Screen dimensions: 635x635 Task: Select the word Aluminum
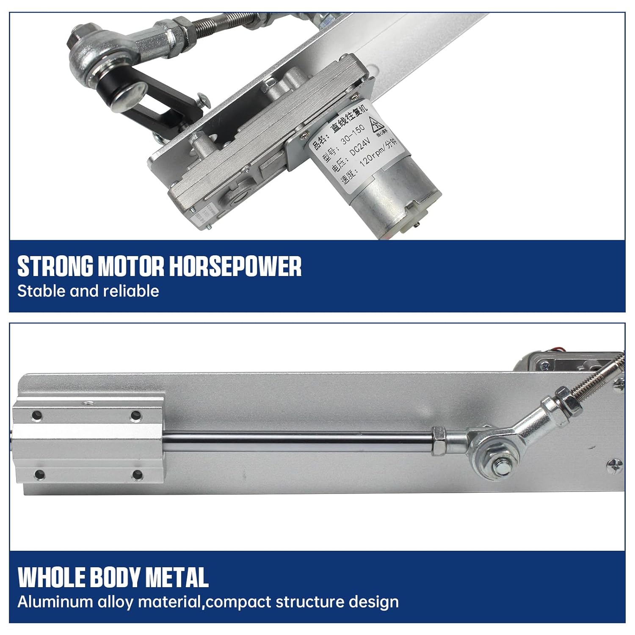pos(55,602)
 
